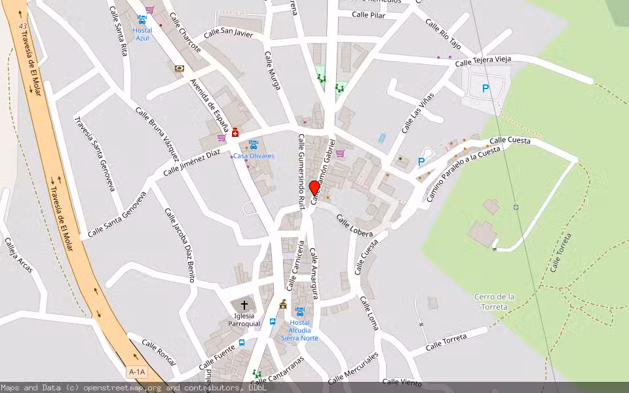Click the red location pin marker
[314, 187]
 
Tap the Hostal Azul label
[142, 34]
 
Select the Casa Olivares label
[254, 156]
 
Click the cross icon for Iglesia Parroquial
[244, 305]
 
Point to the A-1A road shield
[137, 372]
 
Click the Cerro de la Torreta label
[494, 302]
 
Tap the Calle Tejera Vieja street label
[483, 62]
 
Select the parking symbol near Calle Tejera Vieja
[486, 88]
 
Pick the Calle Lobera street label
[354, 225]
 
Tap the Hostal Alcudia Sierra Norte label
[299, 330]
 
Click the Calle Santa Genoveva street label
[117, 215]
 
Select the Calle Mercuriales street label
[353, 368]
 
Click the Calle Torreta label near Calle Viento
[446, 342]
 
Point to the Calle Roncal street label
[159, 348]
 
